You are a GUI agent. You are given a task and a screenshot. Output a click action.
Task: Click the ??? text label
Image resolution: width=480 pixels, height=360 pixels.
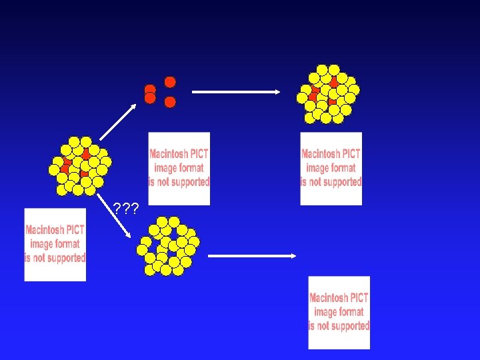pos(126,209)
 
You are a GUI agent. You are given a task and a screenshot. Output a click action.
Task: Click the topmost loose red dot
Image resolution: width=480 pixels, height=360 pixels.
pos(170,82)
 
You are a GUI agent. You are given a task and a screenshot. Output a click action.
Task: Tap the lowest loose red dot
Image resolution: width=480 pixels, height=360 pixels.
pos(170,102)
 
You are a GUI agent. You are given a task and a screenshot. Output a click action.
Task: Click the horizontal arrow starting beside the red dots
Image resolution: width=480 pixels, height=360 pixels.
pos(237,92)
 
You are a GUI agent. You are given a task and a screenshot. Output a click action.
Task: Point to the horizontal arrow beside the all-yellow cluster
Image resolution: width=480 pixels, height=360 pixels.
pos(251,255)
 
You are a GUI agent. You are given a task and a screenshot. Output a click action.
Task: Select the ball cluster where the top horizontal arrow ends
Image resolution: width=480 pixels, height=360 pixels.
pos(327,94)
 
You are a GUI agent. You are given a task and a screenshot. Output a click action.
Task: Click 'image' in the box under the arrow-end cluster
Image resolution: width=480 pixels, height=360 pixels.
pos(317,167)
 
